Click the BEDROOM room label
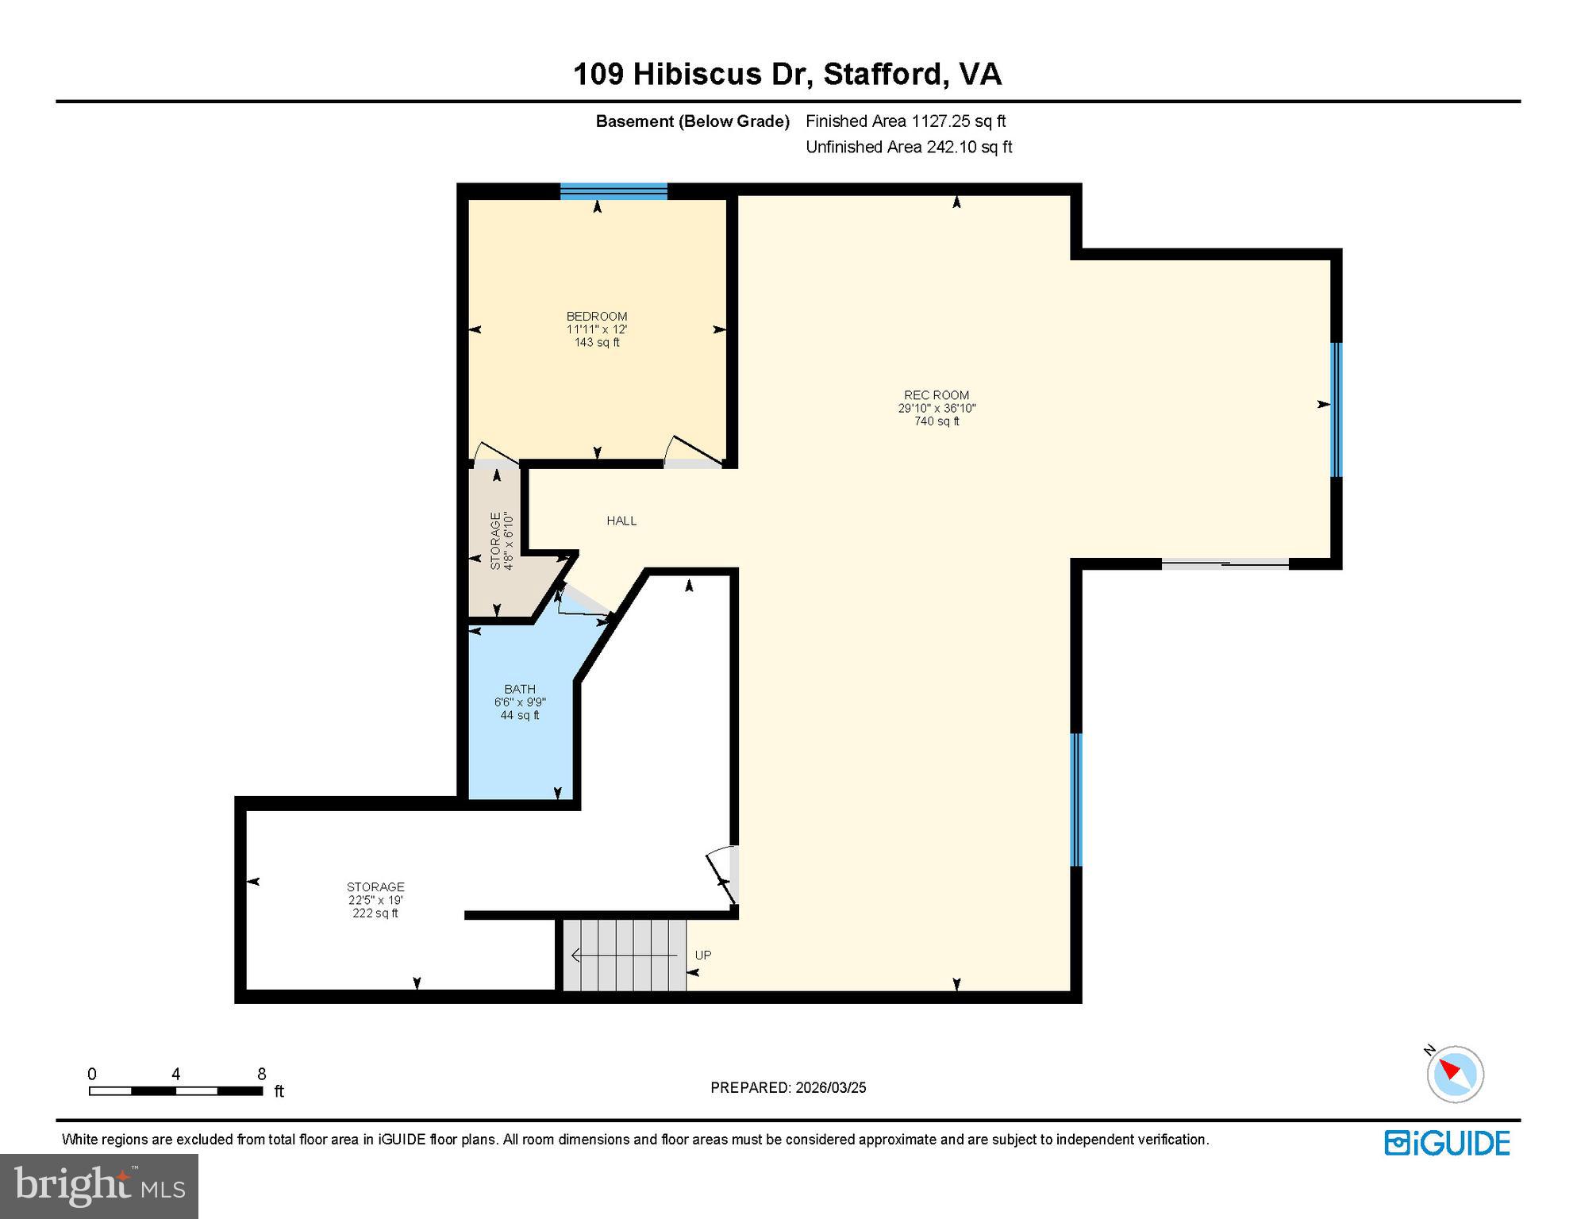click(x=597, y=316)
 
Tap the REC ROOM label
click(x=937, y=394)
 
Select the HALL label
click(x=621, y=521)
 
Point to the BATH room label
click(x=520, y=689)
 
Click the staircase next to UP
click(x=624, y=955)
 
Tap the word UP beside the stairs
click(x=703, y=955)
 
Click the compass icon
click(x=1455, y=1074)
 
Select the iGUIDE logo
click(x=1447, y=1143)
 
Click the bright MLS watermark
click(x=99, y=1186)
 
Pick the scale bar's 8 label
click(x=261, y=1074)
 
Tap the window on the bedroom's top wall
click(x=613, y=191)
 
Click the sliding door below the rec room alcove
click(x=1225, y=563)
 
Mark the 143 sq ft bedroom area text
click(x=597, y=342)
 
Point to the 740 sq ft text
click(x=937, y=421)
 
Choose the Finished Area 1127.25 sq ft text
click(x=906, y=121)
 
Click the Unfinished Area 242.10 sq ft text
click(x=909, y=147)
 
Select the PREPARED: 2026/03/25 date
click(x=788, y=1087)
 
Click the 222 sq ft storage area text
click(x=375, y=913)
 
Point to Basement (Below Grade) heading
click(x=693, y=121)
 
